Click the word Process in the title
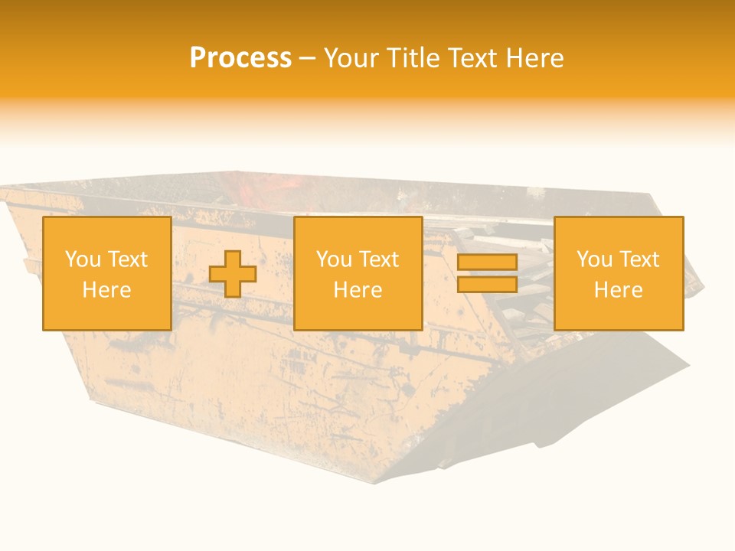[240, 58]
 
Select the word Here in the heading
[536, 58]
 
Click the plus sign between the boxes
[233, 274]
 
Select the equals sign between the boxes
[487, 273]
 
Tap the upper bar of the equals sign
[487, 262]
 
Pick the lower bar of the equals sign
[487, 284]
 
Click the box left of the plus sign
[107, 274]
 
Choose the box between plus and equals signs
[358, 274]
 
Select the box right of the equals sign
[619, 274]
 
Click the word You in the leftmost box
[81, 259]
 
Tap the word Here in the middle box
[358, 290]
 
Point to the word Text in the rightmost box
[639, 259]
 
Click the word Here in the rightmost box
[619, 290]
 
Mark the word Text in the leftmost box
[127, 259]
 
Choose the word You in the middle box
[333, 259]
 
